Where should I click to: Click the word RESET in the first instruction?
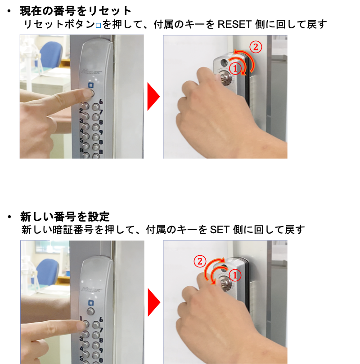(x=234, y=24)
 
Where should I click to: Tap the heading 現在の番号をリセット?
(x=76, y=11)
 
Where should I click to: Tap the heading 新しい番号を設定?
(x=65, y=217)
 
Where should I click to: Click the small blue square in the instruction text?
(x=98, y=25)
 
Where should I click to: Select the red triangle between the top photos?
(x=153, y=96)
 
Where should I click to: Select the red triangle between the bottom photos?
(x=154, y=302)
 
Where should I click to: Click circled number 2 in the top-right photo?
(x=256, y=47)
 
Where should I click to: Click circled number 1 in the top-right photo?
(x=235, y=69)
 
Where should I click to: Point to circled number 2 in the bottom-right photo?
(x=200, y=262)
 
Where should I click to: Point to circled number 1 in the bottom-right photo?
(x=235, y=275)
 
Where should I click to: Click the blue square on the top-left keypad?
(x=90, y=85)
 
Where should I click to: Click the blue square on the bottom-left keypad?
(x=91, y=303)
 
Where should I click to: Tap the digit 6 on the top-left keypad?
(x=101, y=102)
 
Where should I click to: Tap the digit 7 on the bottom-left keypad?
(x=101, y=330)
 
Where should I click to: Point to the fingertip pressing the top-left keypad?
(x=90, y=93)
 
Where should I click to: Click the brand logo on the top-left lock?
(x=91, y=72)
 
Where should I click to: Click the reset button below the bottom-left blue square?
(x=90, y=311)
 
